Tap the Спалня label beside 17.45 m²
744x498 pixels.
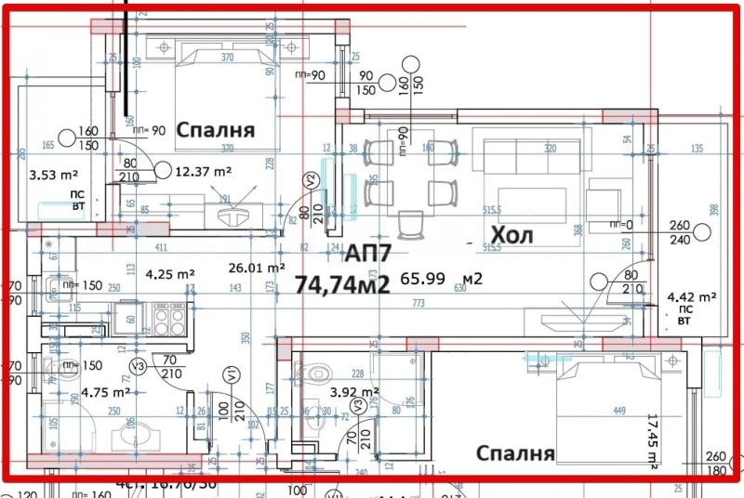click(x=515, y=453)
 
